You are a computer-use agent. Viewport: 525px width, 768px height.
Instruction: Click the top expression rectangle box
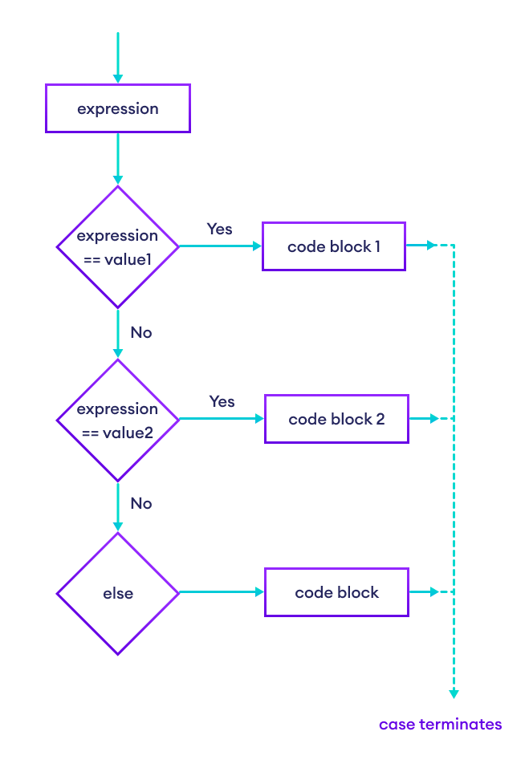[118, 108]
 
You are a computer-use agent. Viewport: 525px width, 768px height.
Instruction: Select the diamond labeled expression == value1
[118, 247]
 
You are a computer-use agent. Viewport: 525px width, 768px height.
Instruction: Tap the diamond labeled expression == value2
[118, 420]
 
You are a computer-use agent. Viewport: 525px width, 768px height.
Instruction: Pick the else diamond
[118, 593]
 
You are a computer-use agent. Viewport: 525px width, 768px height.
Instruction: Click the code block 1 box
[334, 246]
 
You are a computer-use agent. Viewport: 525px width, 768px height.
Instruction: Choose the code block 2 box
[336, 419]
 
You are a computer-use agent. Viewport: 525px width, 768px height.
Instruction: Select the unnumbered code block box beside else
[336, 593]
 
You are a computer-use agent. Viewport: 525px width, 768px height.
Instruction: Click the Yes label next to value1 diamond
[219, 229]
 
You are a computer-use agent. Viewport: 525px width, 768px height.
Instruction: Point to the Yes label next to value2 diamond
[222, 400]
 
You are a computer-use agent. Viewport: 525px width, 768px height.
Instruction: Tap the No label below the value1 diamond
[140, 332]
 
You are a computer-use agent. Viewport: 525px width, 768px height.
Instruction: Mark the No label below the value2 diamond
[140, 503]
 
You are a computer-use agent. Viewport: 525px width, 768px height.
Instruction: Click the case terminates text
[440, 725]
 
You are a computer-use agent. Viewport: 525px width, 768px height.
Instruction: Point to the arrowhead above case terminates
[454, 693]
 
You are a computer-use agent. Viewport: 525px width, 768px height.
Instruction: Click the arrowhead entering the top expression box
[118, 79]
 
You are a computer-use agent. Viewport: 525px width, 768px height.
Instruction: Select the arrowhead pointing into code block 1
[258, 246]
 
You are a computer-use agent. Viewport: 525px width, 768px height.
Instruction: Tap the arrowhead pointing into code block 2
[259, 419]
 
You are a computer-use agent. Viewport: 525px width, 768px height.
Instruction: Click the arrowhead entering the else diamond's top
[118, 526]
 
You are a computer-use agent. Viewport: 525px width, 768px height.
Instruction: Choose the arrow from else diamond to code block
[221, 592]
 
